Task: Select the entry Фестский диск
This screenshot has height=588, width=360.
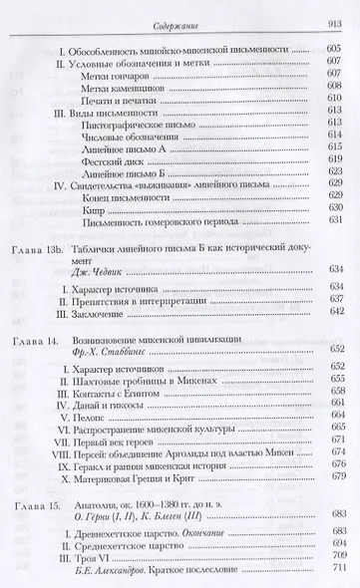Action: pyautogui.click(x=120, y=160)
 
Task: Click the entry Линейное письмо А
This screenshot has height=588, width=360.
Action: pyautogui.click(x=130, y=146)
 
